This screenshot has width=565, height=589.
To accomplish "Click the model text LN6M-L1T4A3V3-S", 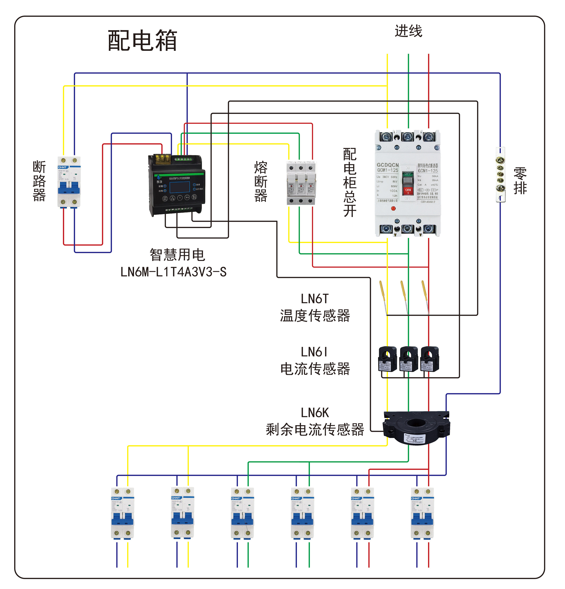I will click(x=173, y=272).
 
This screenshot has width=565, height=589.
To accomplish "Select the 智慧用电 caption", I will click(x=177, y=255).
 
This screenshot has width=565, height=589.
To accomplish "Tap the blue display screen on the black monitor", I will click(x=180, y=187).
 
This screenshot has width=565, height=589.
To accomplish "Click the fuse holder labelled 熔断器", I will click(x=301, y=183).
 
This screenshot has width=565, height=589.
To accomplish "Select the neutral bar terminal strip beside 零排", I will click(x=500, y=174).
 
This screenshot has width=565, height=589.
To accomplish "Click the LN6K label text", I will click(x=315, y=413).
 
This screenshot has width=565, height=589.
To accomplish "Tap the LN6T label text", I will click(x=315, y=299).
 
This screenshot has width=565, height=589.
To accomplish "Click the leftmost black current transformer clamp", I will click(x=387, y=359).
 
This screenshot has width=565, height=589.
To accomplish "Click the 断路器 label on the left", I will click(x=39, y=181).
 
